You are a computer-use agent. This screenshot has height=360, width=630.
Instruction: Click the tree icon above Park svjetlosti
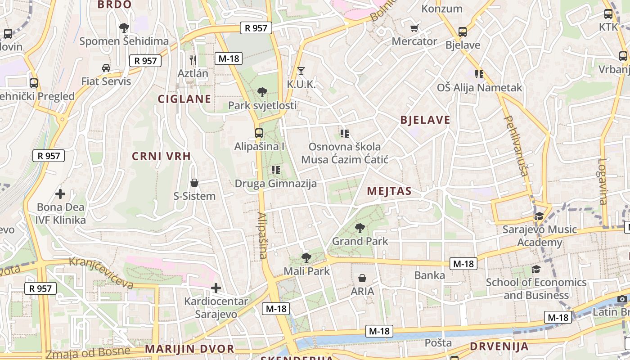(x=262, y=92)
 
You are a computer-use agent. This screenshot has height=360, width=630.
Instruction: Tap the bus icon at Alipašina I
(x=259, y=133)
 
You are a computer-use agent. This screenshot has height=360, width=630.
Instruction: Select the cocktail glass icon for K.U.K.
(x=301, y=71)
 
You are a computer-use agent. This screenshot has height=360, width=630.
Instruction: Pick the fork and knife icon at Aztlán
(x=193, y=59)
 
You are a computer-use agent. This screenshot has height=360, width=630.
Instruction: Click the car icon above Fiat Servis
(x=106, y=68)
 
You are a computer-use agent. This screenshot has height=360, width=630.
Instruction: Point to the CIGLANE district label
(x=184, y=99)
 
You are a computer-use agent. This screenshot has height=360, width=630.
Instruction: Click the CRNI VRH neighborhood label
(x=161, y=156)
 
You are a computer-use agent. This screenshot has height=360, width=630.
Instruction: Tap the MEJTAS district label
(x=389, y=191)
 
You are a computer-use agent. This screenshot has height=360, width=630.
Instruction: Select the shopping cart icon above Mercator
(x=414, y=28)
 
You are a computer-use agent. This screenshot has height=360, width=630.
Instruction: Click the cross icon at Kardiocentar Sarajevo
(x=216, y=288)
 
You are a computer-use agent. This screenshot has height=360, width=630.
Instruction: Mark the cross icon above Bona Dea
(x=60, y=194)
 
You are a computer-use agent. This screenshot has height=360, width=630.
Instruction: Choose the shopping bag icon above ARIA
(x=362, y=278)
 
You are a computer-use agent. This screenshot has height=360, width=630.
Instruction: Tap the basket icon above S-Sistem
(x=194, y=183)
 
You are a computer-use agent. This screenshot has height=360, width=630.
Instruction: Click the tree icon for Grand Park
(x=360, y=228)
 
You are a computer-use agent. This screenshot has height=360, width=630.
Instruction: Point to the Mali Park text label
(x=306, y=271)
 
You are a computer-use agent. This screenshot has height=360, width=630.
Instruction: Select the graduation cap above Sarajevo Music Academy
(x=539, y=216)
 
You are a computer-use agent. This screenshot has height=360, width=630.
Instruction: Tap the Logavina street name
(x=603, y=181)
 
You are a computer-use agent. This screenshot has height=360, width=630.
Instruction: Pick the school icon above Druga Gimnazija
(x=276, y=170)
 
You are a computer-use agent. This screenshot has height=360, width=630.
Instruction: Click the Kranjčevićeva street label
(x=101, y=273)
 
